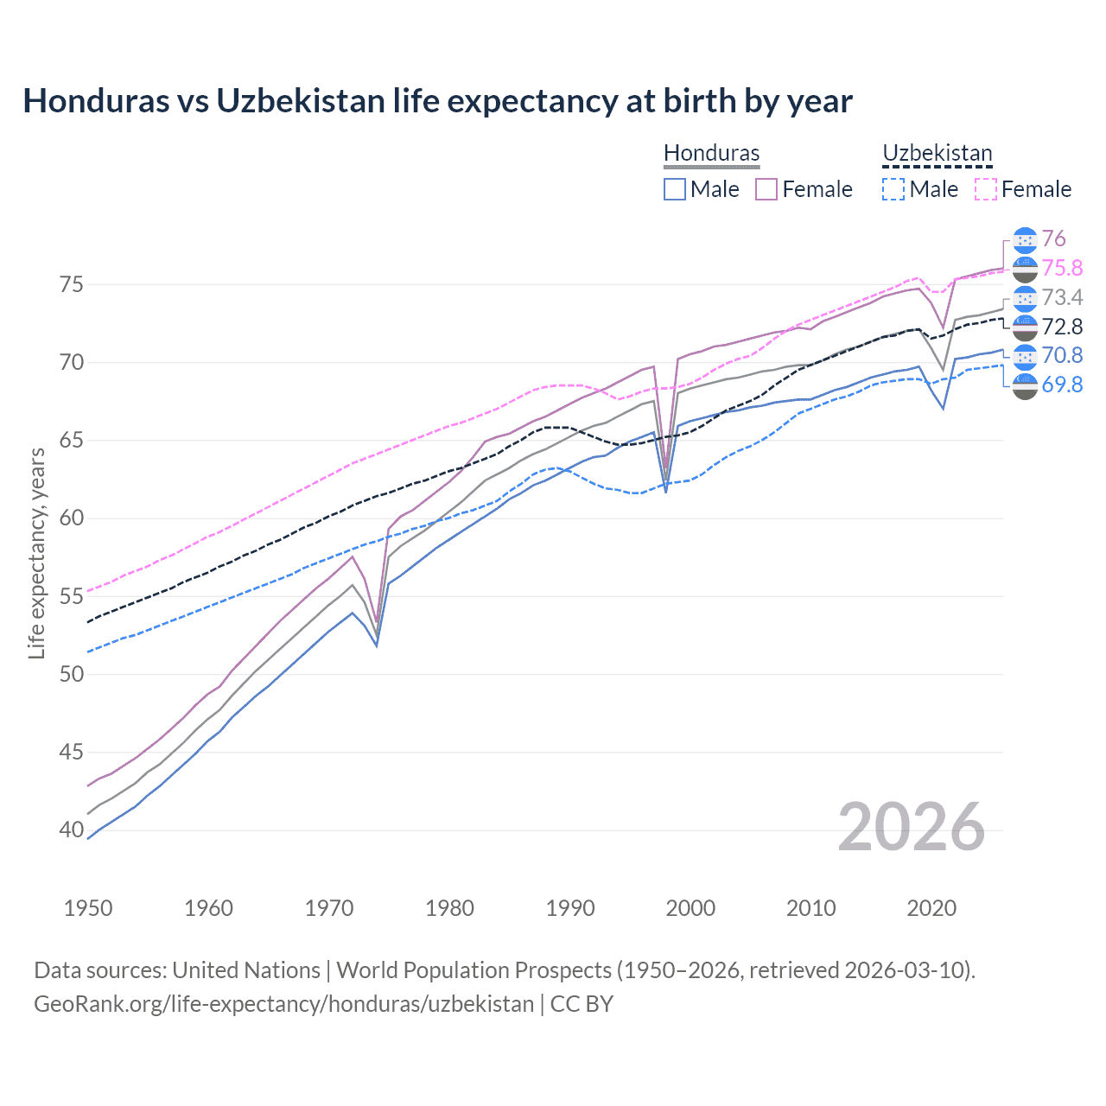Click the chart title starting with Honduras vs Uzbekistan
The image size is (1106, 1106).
tap(437, 101)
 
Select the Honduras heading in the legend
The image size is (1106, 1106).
tap(711, 154)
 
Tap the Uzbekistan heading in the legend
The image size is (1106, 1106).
tap(937, 154)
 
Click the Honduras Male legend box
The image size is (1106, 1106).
tap(675, 189)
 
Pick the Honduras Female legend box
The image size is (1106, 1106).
tap(766, 189)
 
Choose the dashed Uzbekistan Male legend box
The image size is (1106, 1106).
tap(893, 189)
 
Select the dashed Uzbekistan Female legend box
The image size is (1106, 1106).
tap(986, 189)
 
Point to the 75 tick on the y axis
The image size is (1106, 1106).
tap(72, 284)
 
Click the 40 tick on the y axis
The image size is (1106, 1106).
tap(72, 830)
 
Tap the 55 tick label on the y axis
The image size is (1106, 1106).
tap(72, 596)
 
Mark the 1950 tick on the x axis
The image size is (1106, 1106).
tap(88, 908)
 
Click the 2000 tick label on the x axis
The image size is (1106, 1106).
tap(690, 908)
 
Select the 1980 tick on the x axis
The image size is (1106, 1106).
tap(449, 908)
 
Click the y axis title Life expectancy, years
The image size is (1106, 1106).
tap(36, 553)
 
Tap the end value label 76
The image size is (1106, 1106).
tap(1053, 239)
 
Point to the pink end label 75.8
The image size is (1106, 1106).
tap(1062, 269)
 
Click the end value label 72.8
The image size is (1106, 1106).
tap(1062, 327)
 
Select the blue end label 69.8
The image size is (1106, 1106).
tap(1062, 385)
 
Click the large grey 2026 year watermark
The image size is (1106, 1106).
tap(911, 827)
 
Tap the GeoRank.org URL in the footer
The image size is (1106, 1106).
tap(283, 1004)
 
